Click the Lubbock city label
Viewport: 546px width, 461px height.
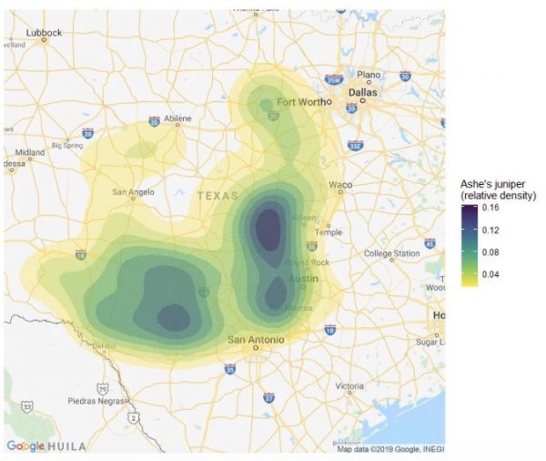[44, 33]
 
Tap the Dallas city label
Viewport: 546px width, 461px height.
[362, 92]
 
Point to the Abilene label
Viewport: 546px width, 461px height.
[178, 118]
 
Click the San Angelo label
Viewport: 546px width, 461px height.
[133, 192]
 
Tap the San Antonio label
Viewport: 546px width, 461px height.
[256, 340]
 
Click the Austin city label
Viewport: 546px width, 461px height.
[303, 279]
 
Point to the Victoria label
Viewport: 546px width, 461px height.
[349, 386]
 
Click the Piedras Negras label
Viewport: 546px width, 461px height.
[94, 400]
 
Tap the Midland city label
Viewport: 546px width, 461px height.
[29, 153]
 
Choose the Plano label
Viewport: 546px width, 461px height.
[369, 75]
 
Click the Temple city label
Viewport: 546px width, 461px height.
[329, 232]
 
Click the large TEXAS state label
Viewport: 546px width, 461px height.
[217, 196]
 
